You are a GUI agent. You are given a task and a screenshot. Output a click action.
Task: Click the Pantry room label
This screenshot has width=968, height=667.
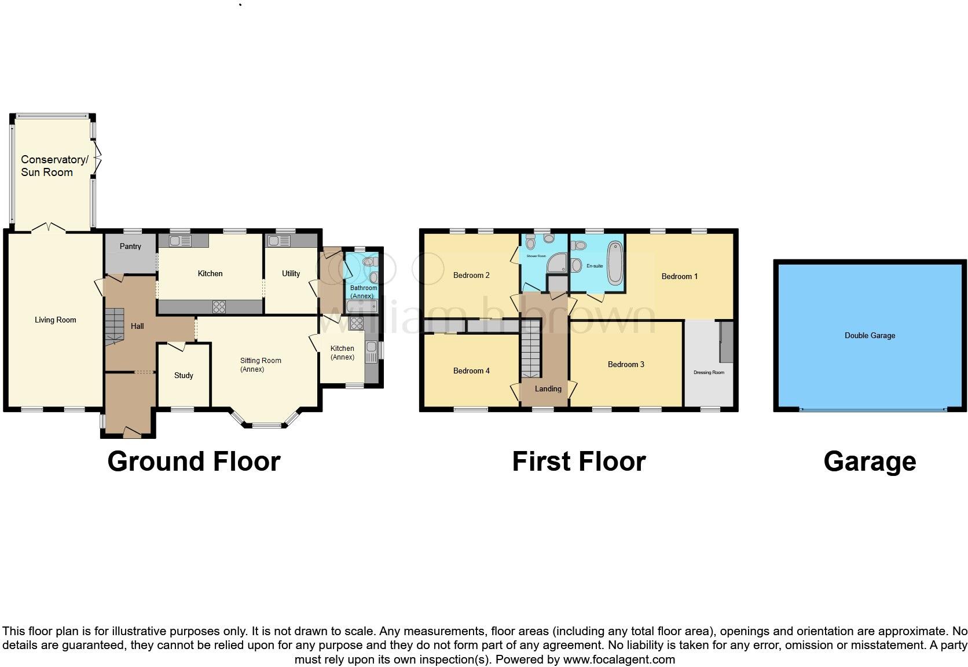tap(130, 246)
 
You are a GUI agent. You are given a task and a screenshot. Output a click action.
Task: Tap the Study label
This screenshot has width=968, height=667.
tap(184, 375)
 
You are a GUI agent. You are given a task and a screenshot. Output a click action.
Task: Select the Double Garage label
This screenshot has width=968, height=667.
tap(870, 335)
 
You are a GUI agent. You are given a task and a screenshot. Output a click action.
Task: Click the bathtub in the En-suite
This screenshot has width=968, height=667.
tap(614, 263)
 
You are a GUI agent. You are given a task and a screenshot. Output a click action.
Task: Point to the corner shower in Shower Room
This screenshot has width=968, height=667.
tap(557, 263)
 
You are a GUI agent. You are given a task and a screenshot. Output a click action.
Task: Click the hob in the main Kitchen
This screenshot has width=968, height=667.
tap(219, 307)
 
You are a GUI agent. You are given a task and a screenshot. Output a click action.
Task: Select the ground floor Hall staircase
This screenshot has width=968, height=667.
tap(114, 327)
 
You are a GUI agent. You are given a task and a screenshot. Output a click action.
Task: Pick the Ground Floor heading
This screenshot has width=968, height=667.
tap(194, 461)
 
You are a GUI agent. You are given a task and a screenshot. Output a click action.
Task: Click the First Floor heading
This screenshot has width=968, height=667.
tap(578, 461)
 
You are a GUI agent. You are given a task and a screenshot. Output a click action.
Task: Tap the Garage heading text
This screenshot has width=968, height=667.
tap(870, 461)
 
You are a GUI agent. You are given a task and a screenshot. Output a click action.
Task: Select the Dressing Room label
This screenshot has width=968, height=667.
tap(709, 372)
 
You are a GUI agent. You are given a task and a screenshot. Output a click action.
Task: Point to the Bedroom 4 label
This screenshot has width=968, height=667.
tap(471, 371)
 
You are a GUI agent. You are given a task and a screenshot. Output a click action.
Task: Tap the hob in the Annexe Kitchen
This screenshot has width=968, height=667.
tap(356, 324)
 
